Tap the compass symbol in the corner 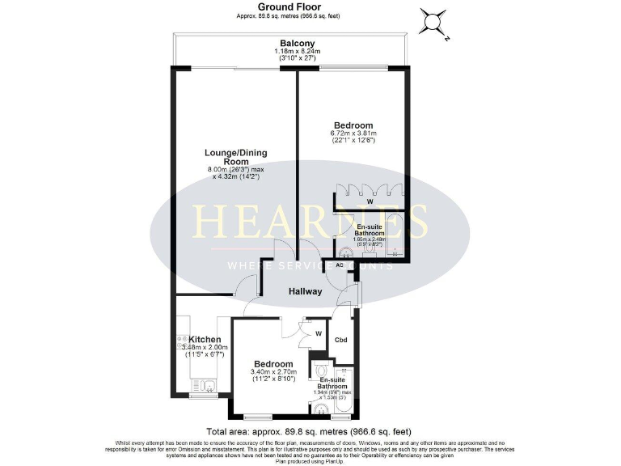(434, 22)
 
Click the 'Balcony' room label (297, 43)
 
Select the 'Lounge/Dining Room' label (235, 157)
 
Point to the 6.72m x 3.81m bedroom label (353, 125)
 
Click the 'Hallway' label (306, 291)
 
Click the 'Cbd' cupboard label (341, 341)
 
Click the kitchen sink (207, 388)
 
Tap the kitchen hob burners (180, 343)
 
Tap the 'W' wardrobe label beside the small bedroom (319, 333)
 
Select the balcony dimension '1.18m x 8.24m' (297, 53)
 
